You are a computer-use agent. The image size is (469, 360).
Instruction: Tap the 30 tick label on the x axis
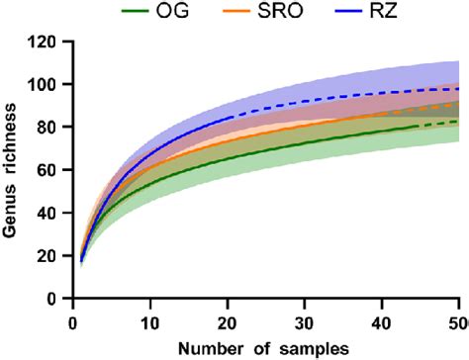pyautogui.click(x=305, y=321)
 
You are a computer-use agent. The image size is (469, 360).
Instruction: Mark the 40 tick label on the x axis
pyautogui.click(x=382, y=321)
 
